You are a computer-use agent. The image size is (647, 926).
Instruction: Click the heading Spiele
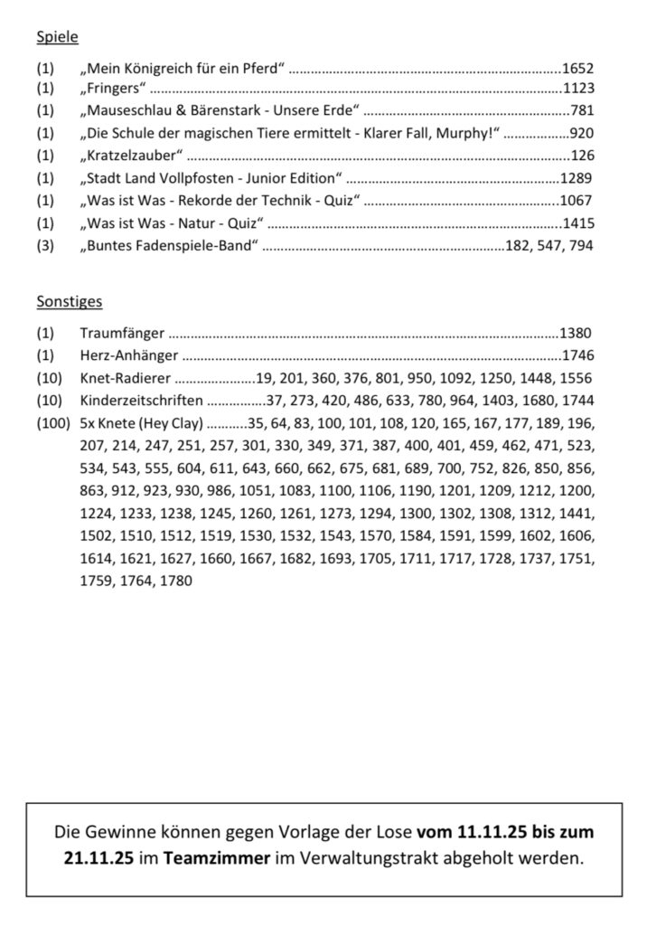(x=57, y=37)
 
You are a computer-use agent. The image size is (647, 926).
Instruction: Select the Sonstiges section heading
(x=70, y=301)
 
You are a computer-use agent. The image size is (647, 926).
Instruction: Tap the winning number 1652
(x=577, y=69)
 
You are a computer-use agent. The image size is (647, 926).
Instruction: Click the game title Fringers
(x=113, y=90)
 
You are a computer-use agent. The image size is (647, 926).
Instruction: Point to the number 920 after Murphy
(x=582, y=134)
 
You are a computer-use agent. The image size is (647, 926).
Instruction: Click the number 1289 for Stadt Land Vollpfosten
(x=577, y=177)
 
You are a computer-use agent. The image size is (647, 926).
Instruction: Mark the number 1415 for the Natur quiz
(x=577, y=222)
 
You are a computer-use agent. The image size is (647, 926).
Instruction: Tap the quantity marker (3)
(x=45, y=244)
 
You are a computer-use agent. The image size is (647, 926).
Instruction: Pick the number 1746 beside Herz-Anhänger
(x=577, y=355)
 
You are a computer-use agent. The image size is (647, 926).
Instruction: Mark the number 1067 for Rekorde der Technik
(x=577, y=200)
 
